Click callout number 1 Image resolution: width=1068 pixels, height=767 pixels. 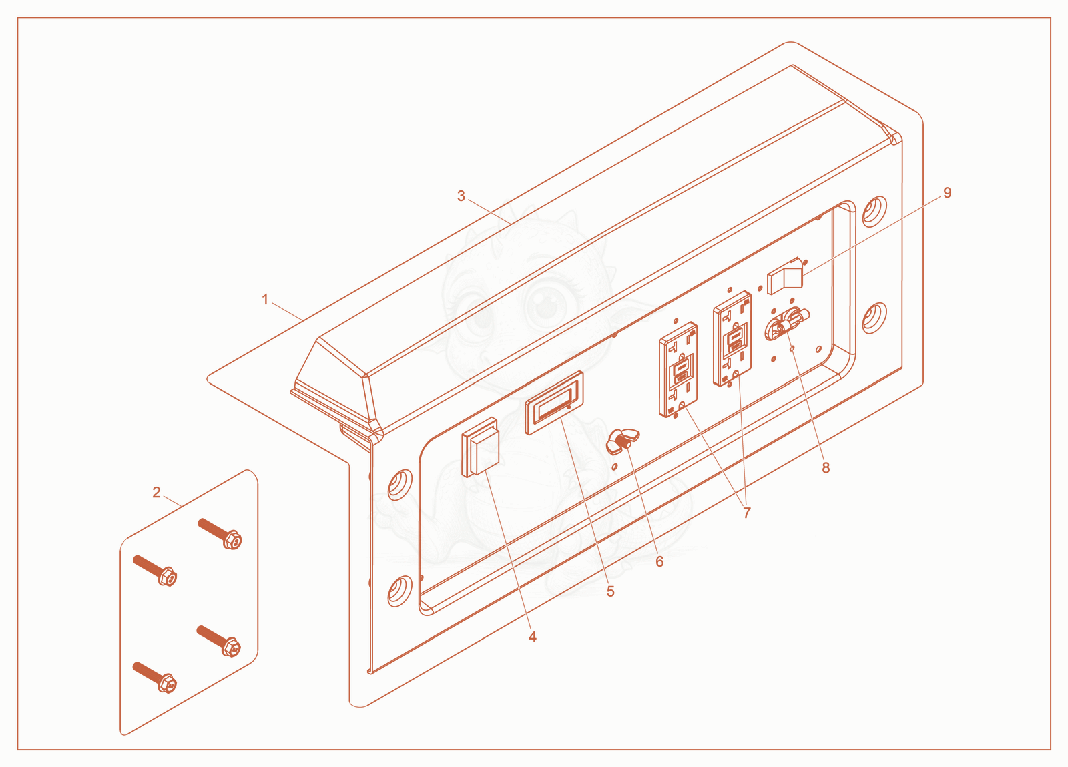point(265,299)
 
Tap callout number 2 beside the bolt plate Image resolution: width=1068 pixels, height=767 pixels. point(156,493)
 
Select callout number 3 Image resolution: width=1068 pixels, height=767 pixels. point(461,196)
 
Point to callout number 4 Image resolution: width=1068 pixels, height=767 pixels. point(533,637)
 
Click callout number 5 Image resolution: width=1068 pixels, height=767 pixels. point(611,591)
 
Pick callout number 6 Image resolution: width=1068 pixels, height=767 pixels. point(660,561)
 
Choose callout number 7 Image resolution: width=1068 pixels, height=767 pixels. point(747,513)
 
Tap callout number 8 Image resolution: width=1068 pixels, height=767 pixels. point(826,468)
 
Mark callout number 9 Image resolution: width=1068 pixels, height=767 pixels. point(947,192)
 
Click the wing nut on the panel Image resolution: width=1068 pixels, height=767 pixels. point(622,441)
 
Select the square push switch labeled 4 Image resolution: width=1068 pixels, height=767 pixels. point(480,447)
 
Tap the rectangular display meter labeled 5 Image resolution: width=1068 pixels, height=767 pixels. point(554,403)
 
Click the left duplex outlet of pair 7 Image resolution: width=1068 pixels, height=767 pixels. point(678,369)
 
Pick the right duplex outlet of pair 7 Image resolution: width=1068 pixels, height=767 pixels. point(732,338)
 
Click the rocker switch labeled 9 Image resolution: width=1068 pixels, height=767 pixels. point(785,276)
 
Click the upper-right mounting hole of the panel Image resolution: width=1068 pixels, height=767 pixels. point(875,211)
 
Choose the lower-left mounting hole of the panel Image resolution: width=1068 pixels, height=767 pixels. point(400,591)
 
